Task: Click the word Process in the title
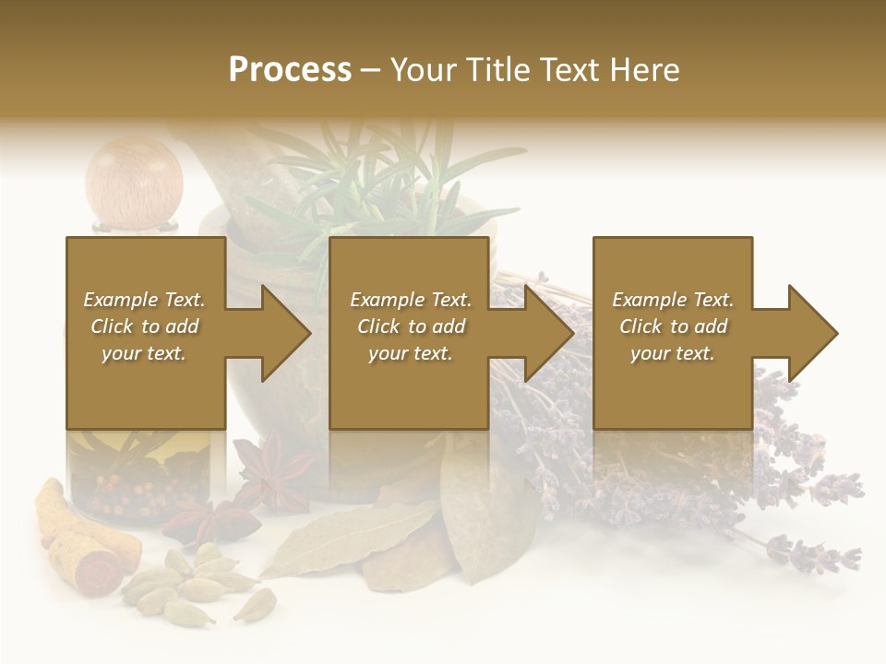[290, 70]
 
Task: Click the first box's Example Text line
[144, 300]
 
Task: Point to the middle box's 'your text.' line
[410, 353]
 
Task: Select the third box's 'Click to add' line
[673, 326]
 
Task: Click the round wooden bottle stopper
[134, 180]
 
